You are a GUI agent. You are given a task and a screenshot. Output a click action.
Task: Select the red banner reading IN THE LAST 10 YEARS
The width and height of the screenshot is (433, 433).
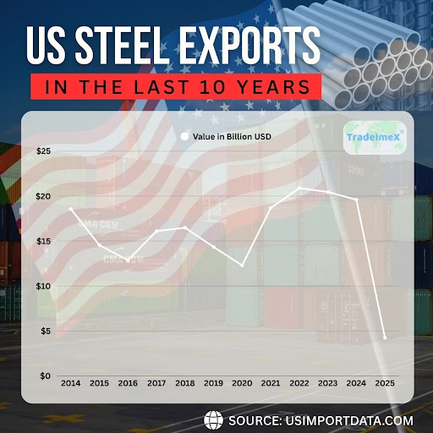176,86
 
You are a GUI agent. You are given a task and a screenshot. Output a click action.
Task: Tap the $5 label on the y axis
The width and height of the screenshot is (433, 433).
44,331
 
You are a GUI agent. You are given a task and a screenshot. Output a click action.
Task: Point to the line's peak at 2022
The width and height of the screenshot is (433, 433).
299,188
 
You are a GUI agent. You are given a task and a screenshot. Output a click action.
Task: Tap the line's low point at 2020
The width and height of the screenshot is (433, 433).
243,266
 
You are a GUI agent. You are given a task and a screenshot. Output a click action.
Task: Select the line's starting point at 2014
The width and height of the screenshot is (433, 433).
70,209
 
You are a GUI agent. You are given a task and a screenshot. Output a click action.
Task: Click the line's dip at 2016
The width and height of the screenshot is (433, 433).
128,260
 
